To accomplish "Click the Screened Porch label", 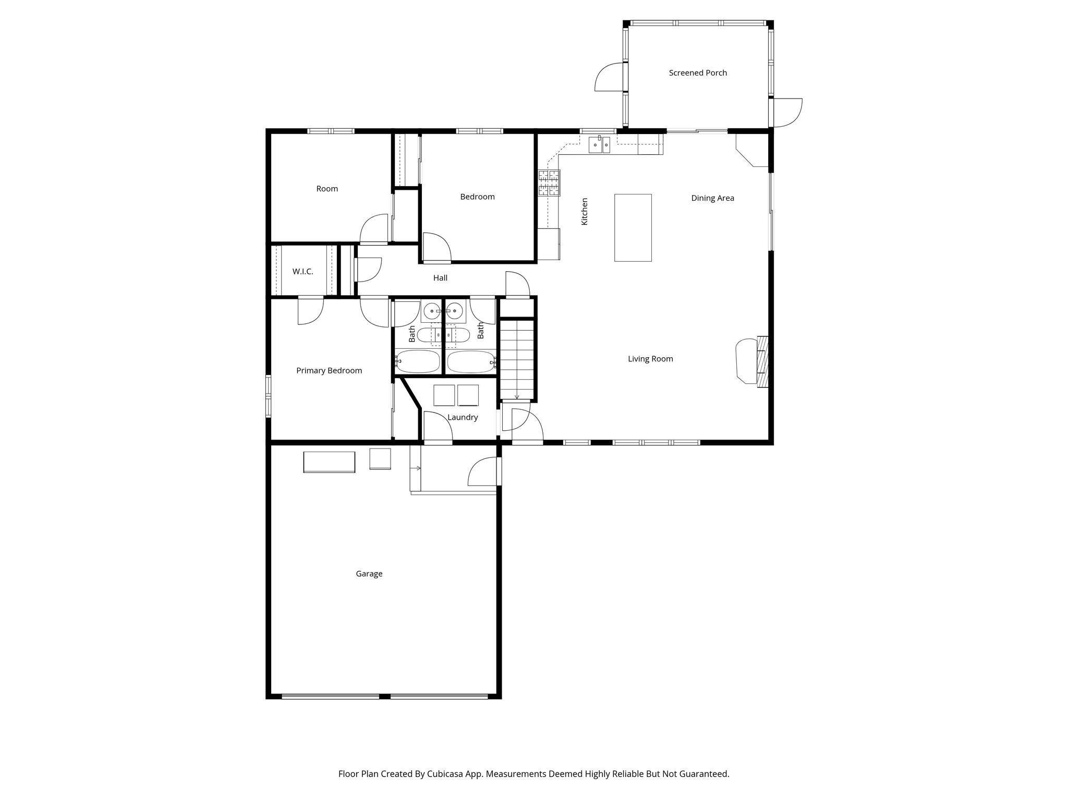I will (x=698, y=73).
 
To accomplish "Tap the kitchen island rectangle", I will (x=633, y=227).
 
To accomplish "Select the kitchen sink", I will (x=599, y=144).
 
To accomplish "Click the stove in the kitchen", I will (x=549, y=183).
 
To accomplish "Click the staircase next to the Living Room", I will (x=517, y=360).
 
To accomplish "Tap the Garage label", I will (x=369, y=574).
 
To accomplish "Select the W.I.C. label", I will (x=302, y=272).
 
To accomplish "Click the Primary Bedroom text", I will (x=329, y=371).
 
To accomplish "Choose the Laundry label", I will (x=463, y=417).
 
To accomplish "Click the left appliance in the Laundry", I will (x=444, y=395).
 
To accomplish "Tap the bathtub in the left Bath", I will (x=418, y=361).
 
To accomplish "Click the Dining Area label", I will (x=712, y=198).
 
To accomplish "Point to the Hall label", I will (x=440, y=278).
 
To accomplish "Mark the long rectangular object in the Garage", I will (x=329, y=462).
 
